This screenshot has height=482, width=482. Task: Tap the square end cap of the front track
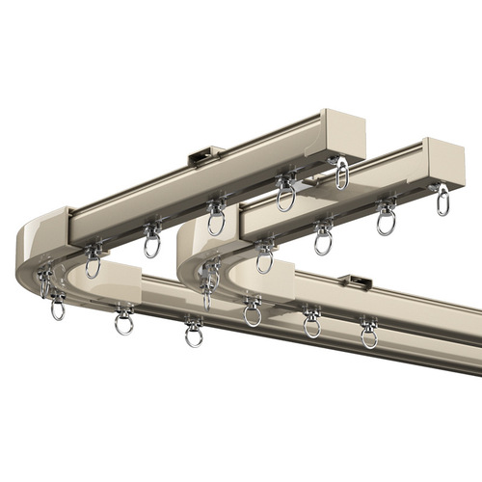tap(445, 158)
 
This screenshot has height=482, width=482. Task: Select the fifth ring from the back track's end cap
tap(93, 262)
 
